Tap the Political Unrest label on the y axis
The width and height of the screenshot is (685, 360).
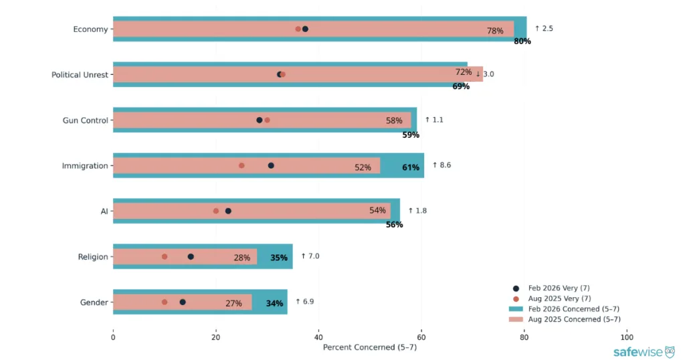tap(80, 74)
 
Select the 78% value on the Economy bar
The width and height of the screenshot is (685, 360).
tap(495, 31)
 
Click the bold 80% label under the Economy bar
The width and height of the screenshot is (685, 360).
tap(522, 41)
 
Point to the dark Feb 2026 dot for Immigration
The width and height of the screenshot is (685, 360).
tap(271, 165)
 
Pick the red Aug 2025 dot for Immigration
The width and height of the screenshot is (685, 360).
tap(241, 165)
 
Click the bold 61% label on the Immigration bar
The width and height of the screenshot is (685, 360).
tap(411, 167)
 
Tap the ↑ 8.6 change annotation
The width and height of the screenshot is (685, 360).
tap(442, 165)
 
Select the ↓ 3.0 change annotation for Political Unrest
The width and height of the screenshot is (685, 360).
tap(485, 74)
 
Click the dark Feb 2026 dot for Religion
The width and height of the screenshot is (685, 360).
tap(191, 256)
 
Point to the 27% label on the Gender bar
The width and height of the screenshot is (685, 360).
tap(233, 303)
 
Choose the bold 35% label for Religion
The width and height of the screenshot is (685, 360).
tap(279, 258)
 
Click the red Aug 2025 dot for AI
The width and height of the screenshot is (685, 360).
tap(215, 211)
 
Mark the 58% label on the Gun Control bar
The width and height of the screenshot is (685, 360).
tap(394, 121)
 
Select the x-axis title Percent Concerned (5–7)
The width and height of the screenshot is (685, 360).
tap(370, 347)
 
